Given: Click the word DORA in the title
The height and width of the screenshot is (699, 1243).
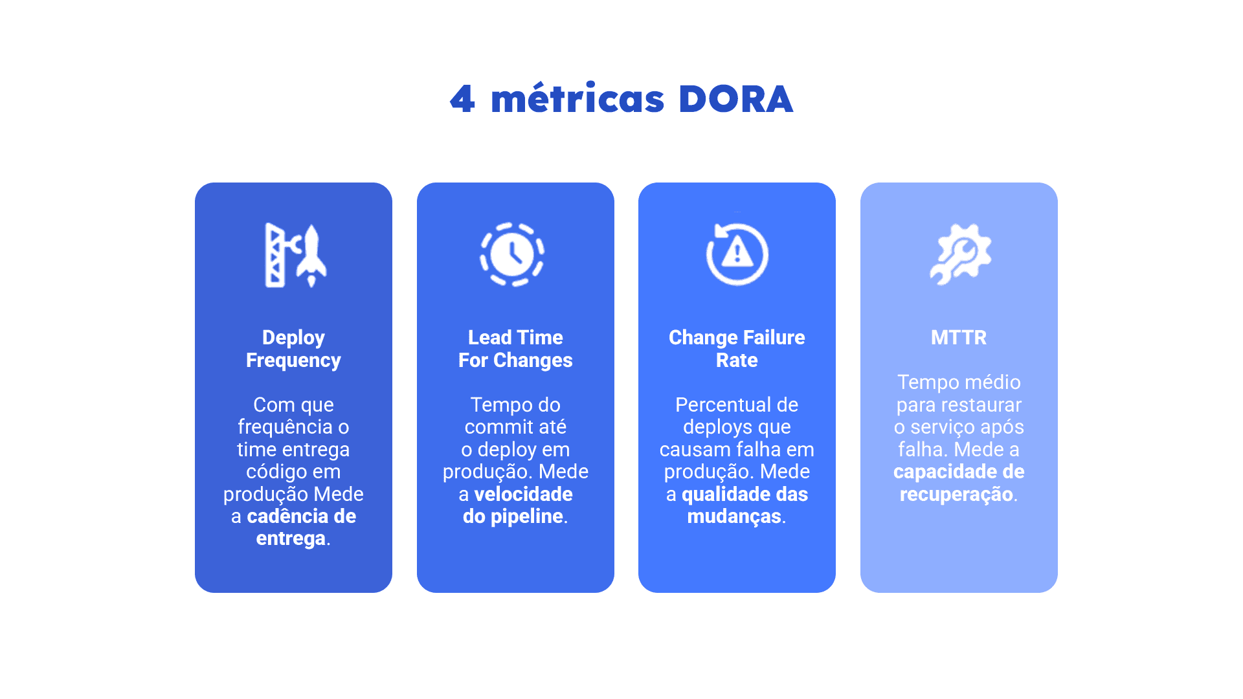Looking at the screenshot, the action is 735,100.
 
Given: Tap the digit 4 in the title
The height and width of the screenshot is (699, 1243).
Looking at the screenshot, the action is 463,100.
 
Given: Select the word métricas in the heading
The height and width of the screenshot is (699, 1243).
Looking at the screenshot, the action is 577,98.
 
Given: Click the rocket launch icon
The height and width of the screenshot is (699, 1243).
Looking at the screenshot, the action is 296,255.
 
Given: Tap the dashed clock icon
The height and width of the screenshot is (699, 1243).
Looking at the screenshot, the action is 512,254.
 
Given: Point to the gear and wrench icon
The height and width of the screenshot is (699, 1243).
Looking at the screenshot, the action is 960,254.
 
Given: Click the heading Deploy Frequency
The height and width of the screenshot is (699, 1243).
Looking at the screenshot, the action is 293,349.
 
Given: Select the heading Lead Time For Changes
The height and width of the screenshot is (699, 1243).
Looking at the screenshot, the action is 515,349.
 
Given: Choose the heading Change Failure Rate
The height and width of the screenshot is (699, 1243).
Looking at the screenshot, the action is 737,349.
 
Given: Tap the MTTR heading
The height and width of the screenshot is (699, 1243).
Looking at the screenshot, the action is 959,337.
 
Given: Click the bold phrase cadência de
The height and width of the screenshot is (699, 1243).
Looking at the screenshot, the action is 302,516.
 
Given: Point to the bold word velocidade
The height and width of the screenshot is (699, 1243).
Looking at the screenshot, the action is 523,494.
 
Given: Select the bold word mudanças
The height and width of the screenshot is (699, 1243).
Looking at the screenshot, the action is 734,516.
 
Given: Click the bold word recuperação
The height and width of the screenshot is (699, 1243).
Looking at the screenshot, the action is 956,494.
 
